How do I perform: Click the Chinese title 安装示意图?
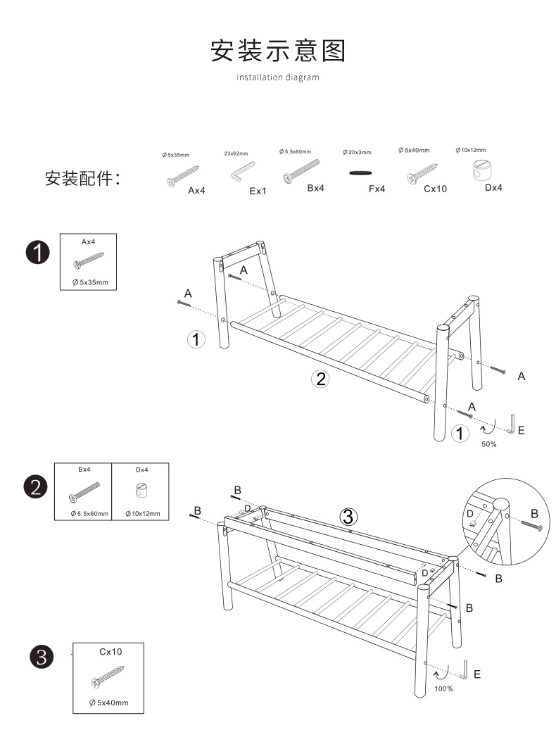[278, 51]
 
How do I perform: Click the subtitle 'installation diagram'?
[278, 77]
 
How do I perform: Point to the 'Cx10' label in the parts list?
[435, 189]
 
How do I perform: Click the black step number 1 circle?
[37, 252]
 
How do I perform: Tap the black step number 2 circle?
[37, 486]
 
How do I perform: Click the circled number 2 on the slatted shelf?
[320, 379]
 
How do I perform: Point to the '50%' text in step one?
[488, 444]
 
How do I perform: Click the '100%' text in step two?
[443, 688]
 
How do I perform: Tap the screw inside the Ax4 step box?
[87, 262]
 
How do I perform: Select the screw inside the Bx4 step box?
[84, 491]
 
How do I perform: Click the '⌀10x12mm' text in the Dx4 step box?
[142, 514]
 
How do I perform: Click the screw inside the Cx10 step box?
[107, 677]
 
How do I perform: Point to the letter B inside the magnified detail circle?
[534, 513]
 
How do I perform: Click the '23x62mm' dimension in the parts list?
[236, 153]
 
